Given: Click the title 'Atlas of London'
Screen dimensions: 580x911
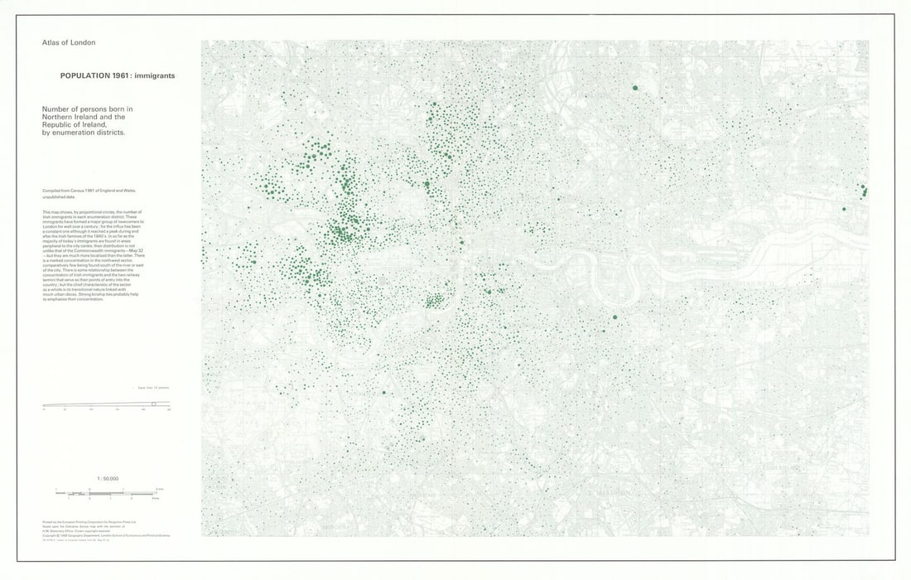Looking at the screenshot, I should [69, 42].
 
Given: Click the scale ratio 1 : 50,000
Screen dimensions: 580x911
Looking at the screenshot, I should [108, 479].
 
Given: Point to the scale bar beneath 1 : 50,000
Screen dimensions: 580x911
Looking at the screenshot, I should [108, 492].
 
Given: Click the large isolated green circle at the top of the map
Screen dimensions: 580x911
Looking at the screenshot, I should [635, 87].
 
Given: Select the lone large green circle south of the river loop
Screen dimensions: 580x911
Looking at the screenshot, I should [615, 317].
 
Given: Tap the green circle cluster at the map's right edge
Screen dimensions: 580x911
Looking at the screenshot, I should [864, 191].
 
